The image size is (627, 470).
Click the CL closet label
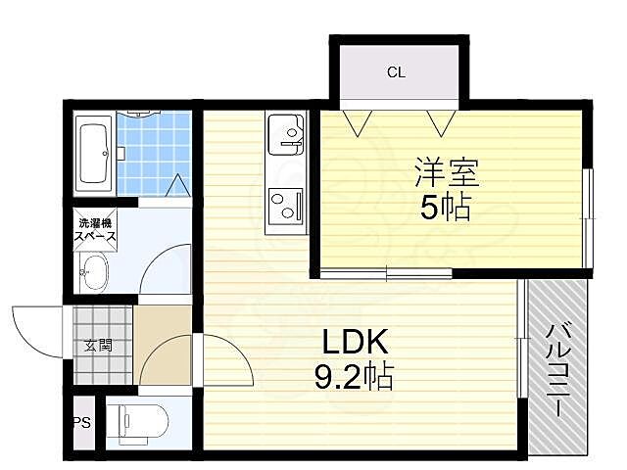point(396,72)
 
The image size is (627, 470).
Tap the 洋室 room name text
point(447,172)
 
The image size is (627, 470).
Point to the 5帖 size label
point(445,208)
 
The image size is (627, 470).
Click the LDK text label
point(355,342)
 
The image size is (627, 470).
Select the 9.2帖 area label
point(354,376)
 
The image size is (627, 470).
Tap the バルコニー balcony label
point(558,370)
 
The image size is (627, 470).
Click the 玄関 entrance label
point(98,346)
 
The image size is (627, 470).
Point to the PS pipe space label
point(82,422)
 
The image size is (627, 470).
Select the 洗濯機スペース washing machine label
point(95,230)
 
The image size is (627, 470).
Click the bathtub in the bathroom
point(94,154)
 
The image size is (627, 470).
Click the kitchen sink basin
point(286,134)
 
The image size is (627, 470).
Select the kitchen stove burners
point(286,206)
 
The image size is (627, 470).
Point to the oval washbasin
point(95,272)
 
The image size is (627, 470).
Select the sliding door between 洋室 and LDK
point(386,274)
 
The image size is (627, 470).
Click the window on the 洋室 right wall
point(588,218)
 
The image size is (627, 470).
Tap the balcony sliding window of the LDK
point(521,339)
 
